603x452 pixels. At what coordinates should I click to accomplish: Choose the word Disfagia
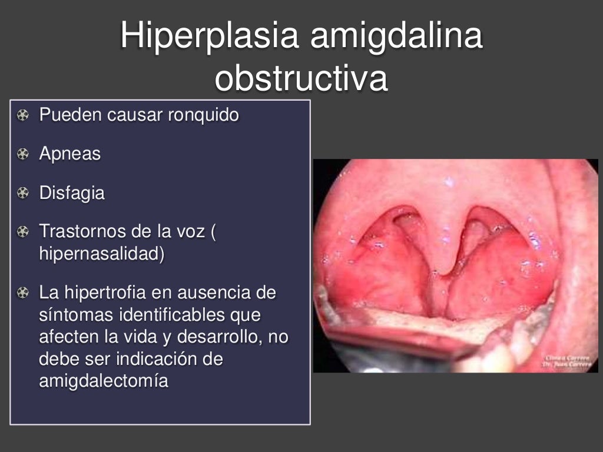click(x=72, y=193)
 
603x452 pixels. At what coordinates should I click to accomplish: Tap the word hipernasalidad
click(x=100, y=254)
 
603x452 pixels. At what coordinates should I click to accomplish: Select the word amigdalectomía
click(x=103, y=381)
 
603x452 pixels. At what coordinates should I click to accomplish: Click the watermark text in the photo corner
click(x=568, y=360)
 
